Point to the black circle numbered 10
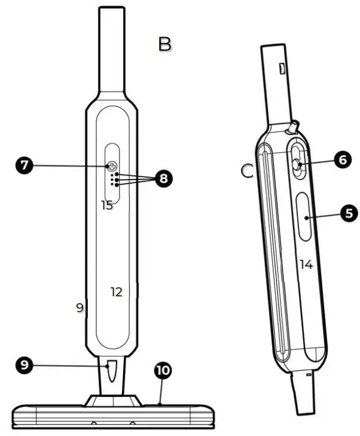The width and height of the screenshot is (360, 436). point(163,371)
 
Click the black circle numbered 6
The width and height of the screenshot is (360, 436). point(342,159)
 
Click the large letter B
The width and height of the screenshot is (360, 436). point(165,45)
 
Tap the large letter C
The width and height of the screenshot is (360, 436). point(247,171)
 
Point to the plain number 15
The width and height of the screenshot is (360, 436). point(107,206)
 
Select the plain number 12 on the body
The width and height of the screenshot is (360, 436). point(117,292)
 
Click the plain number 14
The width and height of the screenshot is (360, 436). point(306,264)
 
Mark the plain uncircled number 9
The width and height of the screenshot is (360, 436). point(79,308)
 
